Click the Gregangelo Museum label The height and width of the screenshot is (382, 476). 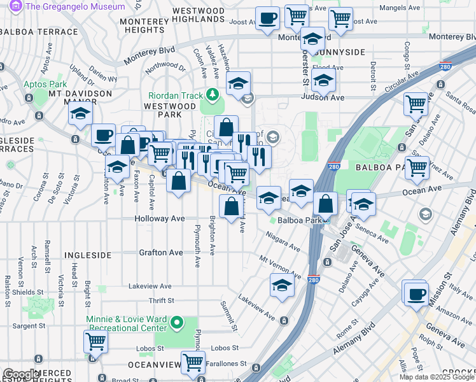click(x=75, y=6)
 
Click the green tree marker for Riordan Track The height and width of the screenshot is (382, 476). click(x=212, y=95)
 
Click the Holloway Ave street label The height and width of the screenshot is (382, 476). click(x=159, y=218)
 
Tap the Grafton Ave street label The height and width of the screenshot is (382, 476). click(x=161, y=253)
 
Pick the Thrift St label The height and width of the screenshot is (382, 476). click(x=161, y=301)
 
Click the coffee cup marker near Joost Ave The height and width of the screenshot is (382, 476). click(x=267, y=18)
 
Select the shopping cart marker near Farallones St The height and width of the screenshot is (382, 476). click(x=193, y=363)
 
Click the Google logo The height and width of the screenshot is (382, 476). click(x=20, y=374)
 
